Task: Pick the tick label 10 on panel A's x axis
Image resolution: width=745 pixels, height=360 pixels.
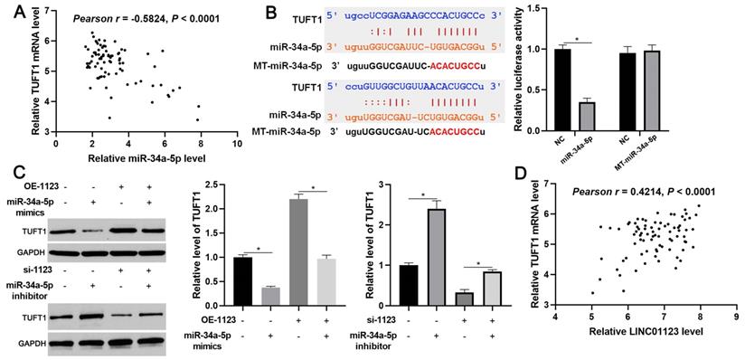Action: (236, 143)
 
